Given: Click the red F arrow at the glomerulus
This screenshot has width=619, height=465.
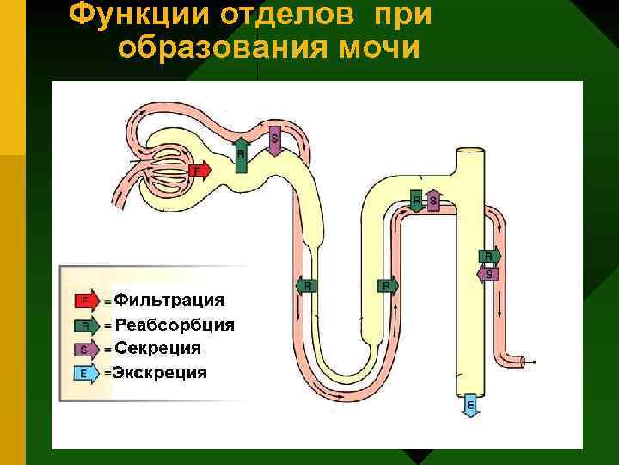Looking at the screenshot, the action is coord(199,170).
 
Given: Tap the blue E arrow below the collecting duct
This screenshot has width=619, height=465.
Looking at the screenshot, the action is coord(470,405).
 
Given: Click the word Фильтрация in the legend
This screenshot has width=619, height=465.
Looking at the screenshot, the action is coord(169,301).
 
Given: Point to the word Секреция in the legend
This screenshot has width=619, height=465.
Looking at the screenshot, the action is coord(158,349).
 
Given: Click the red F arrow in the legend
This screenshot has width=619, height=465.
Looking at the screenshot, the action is coord(85,301).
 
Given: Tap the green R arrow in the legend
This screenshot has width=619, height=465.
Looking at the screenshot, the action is coord(85,325).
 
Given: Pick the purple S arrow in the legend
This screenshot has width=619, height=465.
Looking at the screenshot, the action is coord(85,350).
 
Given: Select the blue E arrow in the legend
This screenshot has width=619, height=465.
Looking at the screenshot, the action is coord(85,374).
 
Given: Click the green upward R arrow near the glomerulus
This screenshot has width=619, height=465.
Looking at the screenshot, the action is coord(241,156).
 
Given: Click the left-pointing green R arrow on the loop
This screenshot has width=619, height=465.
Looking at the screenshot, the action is coord(307,285).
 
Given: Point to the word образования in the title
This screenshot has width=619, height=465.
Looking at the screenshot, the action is coord(217,47).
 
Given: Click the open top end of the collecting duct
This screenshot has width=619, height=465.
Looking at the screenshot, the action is coord(470,154).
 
